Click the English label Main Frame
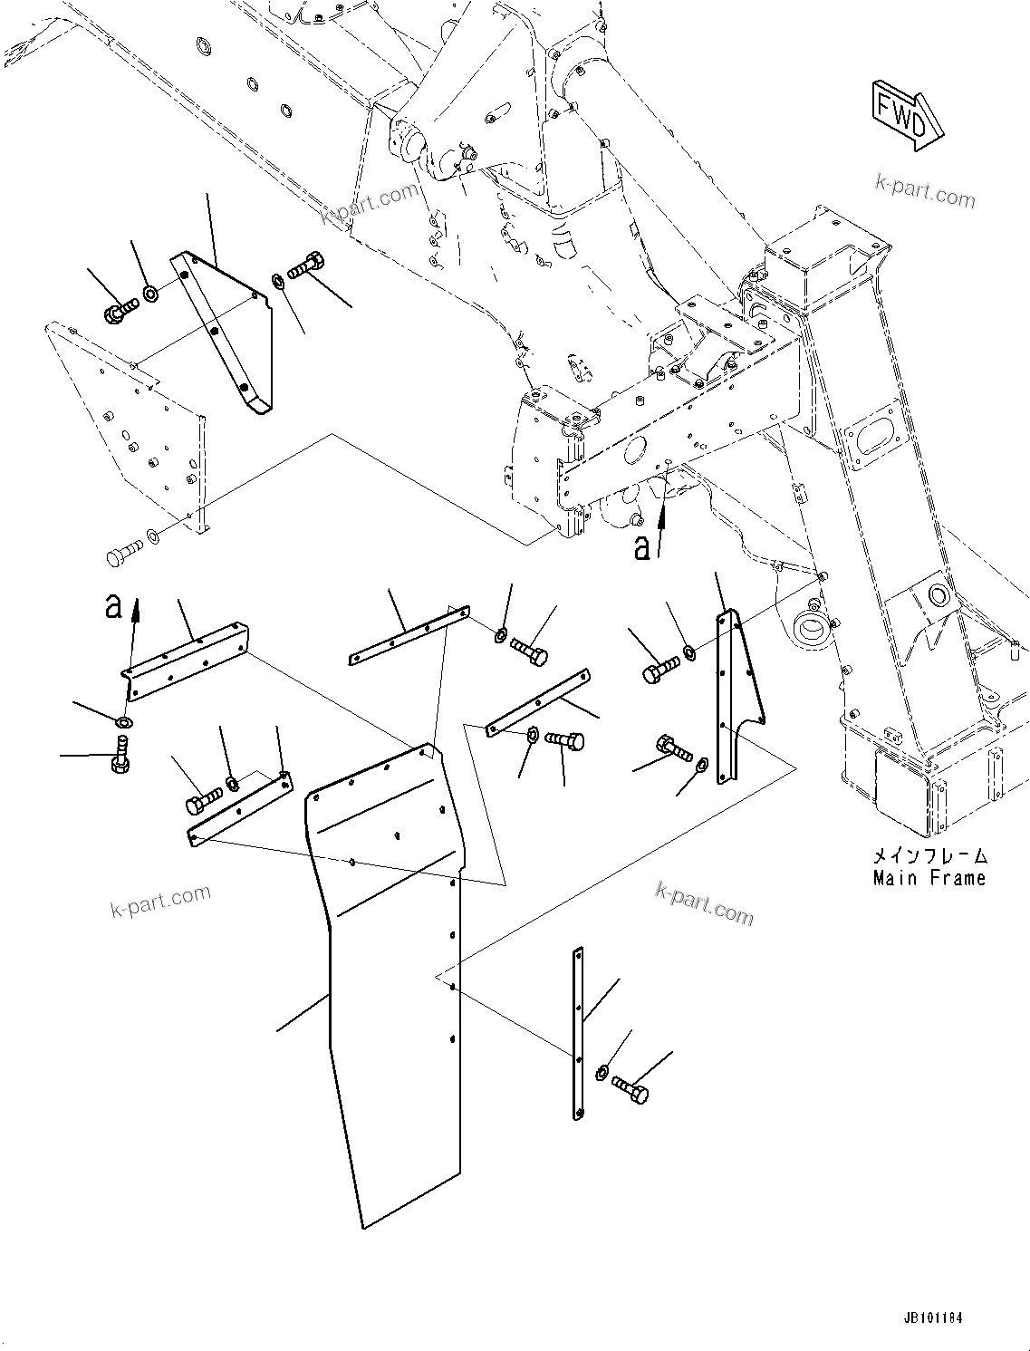coord(929,877)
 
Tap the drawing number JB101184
coord(932,1317)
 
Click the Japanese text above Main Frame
coord(929,855)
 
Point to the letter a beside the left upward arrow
coord(113,605)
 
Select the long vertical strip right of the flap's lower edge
coord(579,1033)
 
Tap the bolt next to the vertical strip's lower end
coord(631,1088)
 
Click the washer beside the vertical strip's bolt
coord(602,1074)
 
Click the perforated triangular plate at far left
coord(127,426)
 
